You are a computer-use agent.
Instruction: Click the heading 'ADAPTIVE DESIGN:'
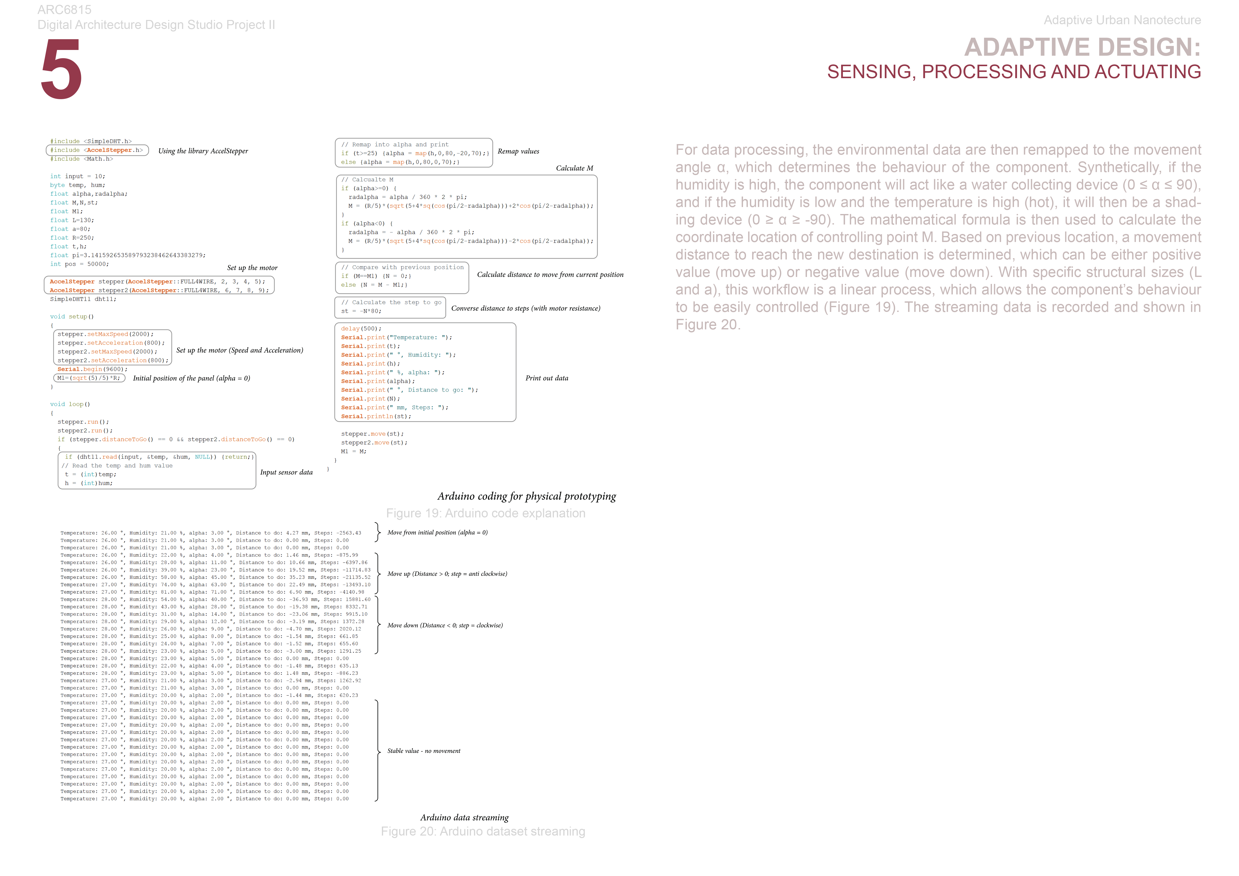pyautogui.click(x=1082, y=47)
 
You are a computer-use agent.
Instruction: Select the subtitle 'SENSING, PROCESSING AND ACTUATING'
pyautogui.click(x=1013, y=72)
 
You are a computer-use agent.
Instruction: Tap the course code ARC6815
pyautogui.click(x=64, y=10)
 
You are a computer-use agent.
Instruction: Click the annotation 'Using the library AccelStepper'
pyautogui.click(x=203, y=151)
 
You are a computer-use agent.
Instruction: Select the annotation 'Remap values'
pyautogui.click(x=518, y=152)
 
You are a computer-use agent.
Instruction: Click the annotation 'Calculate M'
pyautogui.click(x=574, y=168)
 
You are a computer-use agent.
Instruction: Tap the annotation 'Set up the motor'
pyautogui.click(x=252, y=268)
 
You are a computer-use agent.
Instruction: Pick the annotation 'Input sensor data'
pyautogui.click(x=286, y=472)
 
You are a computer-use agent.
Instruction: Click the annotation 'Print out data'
pyautogui.click(x=547, y=378)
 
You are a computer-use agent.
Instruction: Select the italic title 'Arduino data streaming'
pyautogui.click(x=464, y=817)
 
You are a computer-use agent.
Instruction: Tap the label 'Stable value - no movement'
pyautogui.click(x=424, y=751)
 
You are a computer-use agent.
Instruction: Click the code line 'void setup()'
pyautogui.click(x=72, y=317)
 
